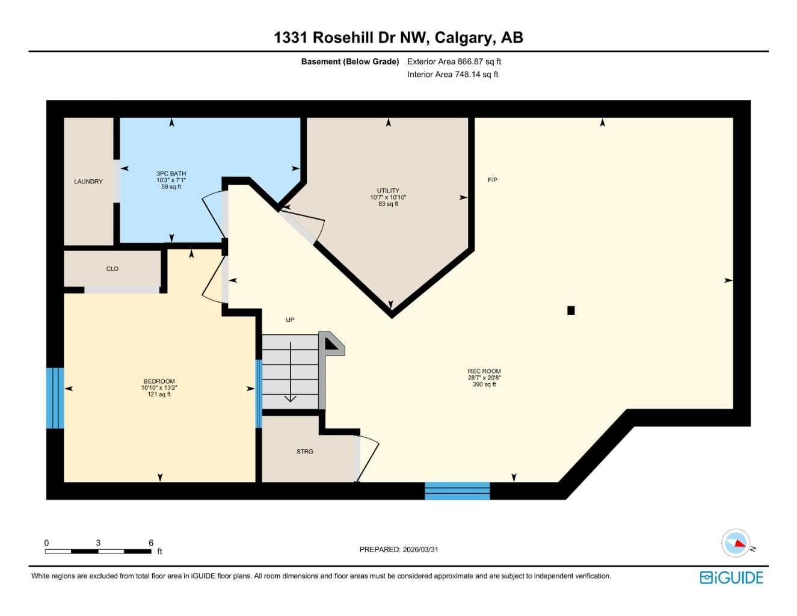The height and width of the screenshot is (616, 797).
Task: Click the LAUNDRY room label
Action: click(x=88, y=182)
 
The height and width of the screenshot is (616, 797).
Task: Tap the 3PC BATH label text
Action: click(x=171, y=174)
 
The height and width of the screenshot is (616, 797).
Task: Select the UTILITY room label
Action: click(x=388, y=191)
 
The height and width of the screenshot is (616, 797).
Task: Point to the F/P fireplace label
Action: click(x=493, y=180)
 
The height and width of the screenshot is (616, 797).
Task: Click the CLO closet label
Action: click(x=112, y=269)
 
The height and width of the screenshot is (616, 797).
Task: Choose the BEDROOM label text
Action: click(x=159, y=381)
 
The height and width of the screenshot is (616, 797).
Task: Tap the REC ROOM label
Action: click(x=484, y=371)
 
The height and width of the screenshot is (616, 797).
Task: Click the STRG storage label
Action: click(x=305, y=452)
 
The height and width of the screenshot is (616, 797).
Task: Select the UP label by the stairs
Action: click(x=290, y=320)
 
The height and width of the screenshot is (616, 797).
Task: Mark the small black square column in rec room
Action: click(x=571, y=310)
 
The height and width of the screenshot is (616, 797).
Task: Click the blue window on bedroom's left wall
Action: click(x=55, y=398)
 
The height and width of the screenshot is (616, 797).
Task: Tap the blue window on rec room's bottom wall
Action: click(x=457, y=491)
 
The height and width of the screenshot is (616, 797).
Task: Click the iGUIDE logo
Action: click(x=731, y=577)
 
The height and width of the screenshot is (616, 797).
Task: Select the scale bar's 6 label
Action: click(x=151, y=543)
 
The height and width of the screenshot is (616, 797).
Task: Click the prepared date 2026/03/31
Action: click(x=399, y=549)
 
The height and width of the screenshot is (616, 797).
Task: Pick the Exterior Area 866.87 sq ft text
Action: click(x=454, y=61)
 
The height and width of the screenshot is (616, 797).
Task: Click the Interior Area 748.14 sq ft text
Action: click(x=453, y=75)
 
